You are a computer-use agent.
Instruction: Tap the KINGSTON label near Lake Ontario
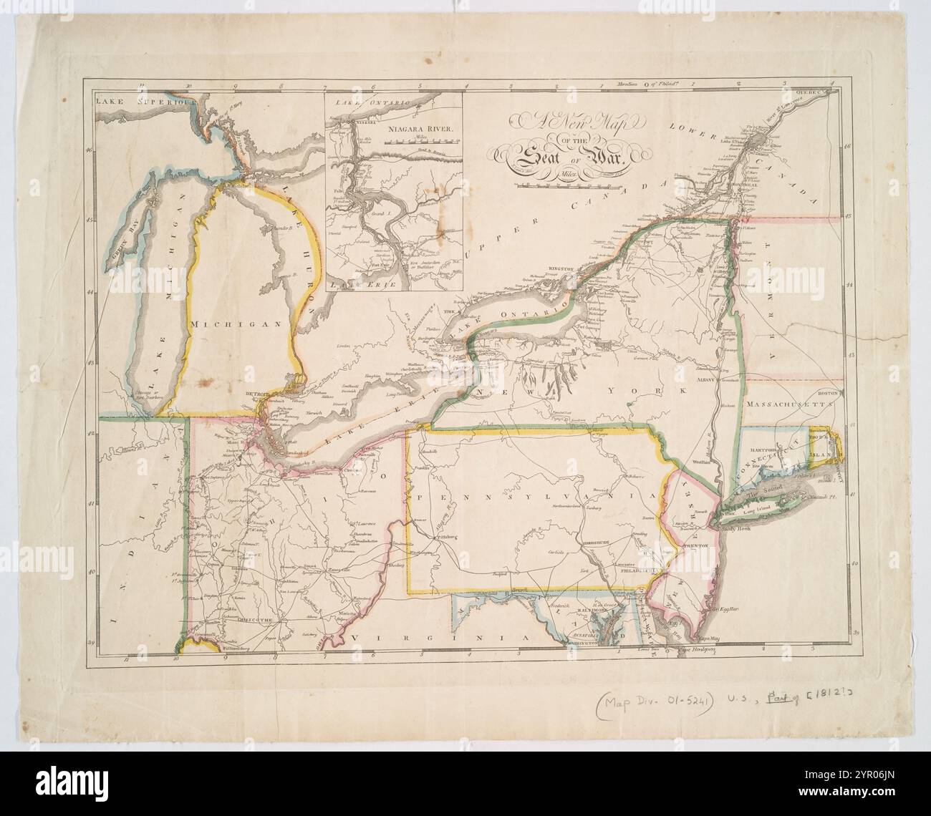tap(564, 268)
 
